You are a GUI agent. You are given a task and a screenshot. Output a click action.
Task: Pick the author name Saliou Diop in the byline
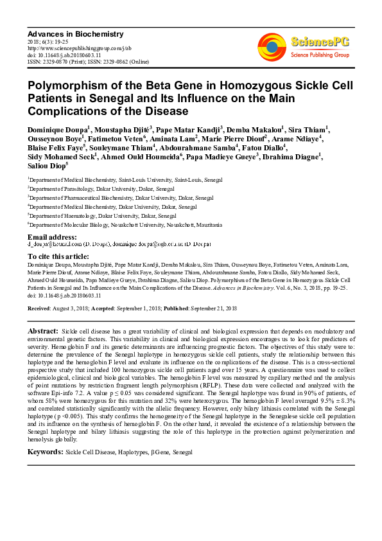coord(46,165)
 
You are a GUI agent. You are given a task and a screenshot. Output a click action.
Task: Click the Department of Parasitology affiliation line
coord(82,190)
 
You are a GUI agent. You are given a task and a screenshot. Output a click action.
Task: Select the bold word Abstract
coord(44,330)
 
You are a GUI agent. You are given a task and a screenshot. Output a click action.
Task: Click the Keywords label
coord(45,453)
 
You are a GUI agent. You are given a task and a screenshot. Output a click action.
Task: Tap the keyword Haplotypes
coord(132,453)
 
